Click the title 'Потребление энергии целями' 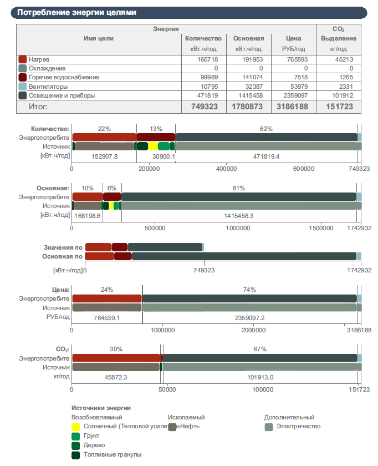pyautogui.click(x=76, y=12)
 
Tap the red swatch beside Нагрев pyautogui.click(x=22, y=59)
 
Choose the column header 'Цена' pyautogui.click(x=294, y=38)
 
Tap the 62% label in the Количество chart pyautogui.click(x=266, y=129)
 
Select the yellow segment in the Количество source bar pyautogui.click(x=153, y=146)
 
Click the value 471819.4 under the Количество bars pyautogui.click(x=266, y=156)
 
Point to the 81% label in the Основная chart pyautogui.click(x=239, y=188)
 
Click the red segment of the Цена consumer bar pyautogui.click(x=107, y=298)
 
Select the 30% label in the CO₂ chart pyautogui.click(x=116, y=349)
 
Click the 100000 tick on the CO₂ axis pyautogui.click(x=261, y=389)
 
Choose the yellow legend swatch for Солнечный pyautogui.click(x=76, y=427)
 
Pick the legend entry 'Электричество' pyautogui.click(x=298, y=427)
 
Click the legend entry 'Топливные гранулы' pyautogui.click(x=113, y=455)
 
